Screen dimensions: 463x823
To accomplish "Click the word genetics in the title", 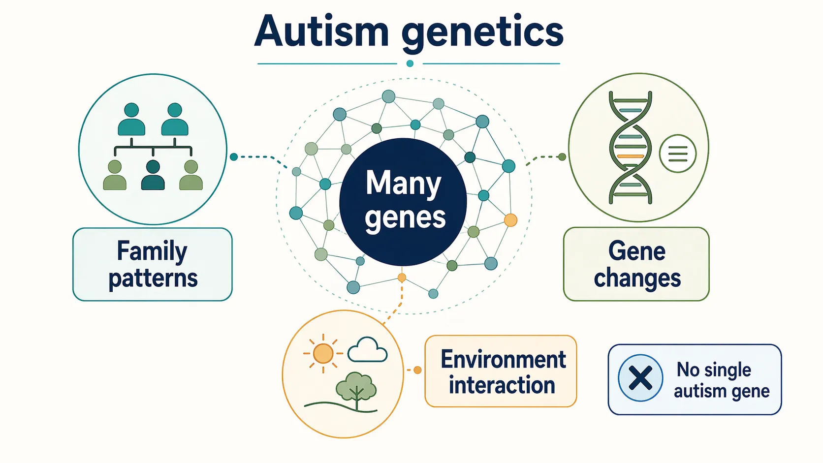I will click(482, 32).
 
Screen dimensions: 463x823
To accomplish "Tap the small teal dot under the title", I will click(410, 63).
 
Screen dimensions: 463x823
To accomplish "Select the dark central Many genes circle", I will click(403, 202).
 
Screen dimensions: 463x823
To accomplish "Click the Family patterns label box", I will click(153, 264).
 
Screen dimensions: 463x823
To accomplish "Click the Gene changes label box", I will click(636, 264).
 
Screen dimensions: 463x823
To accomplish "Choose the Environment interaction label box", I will click(501, 371).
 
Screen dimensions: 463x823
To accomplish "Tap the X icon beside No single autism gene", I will click(640, 378).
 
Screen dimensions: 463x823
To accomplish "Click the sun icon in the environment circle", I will click(323, 353).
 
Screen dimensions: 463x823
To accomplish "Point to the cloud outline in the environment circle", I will click(367, 350).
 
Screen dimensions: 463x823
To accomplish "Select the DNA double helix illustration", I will click(630, 148).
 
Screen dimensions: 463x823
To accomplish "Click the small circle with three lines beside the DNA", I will click(678, 154).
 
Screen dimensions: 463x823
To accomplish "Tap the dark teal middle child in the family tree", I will click(153, 176).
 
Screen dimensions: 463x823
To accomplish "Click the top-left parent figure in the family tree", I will click(131, 120).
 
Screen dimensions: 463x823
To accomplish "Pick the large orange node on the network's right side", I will click(511, 220).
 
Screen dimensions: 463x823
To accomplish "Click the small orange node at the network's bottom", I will click(402, 278).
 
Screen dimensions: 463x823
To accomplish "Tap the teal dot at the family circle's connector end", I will click(234, 157).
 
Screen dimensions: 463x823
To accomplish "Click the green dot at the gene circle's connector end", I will click(562, 157).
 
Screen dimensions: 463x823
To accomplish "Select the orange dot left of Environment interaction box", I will click(417, 370).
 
